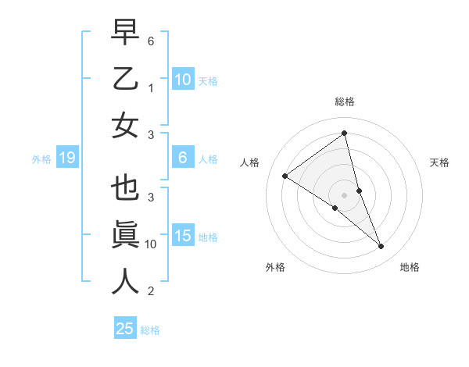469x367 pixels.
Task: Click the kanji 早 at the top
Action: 125,34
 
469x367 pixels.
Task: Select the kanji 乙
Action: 125,80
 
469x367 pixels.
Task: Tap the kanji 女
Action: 125,125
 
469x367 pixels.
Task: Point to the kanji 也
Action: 125,190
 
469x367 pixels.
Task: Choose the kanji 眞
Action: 125,235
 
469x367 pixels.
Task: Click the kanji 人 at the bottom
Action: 125,280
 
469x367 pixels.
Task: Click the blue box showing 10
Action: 182,79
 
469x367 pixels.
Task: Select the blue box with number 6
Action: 182,158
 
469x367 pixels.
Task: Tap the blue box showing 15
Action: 182,236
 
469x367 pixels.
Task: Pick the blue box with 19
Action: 66,158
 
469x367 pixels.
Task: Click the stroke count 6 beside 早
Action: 151,40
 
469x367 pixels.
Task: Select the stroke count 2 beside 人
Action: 151,291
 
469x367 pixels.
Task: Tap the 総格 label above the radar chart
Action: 344,102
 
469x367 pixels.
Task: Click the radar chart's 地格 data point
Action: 381,247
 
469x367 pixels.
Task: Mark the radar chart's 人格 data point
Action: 285,176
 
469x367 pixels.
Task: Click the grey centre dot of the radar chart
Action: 344,194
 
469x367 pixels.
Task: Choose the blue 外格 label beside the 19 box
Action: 41,159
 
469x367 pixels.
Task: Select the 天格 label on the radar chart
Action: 439,162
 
